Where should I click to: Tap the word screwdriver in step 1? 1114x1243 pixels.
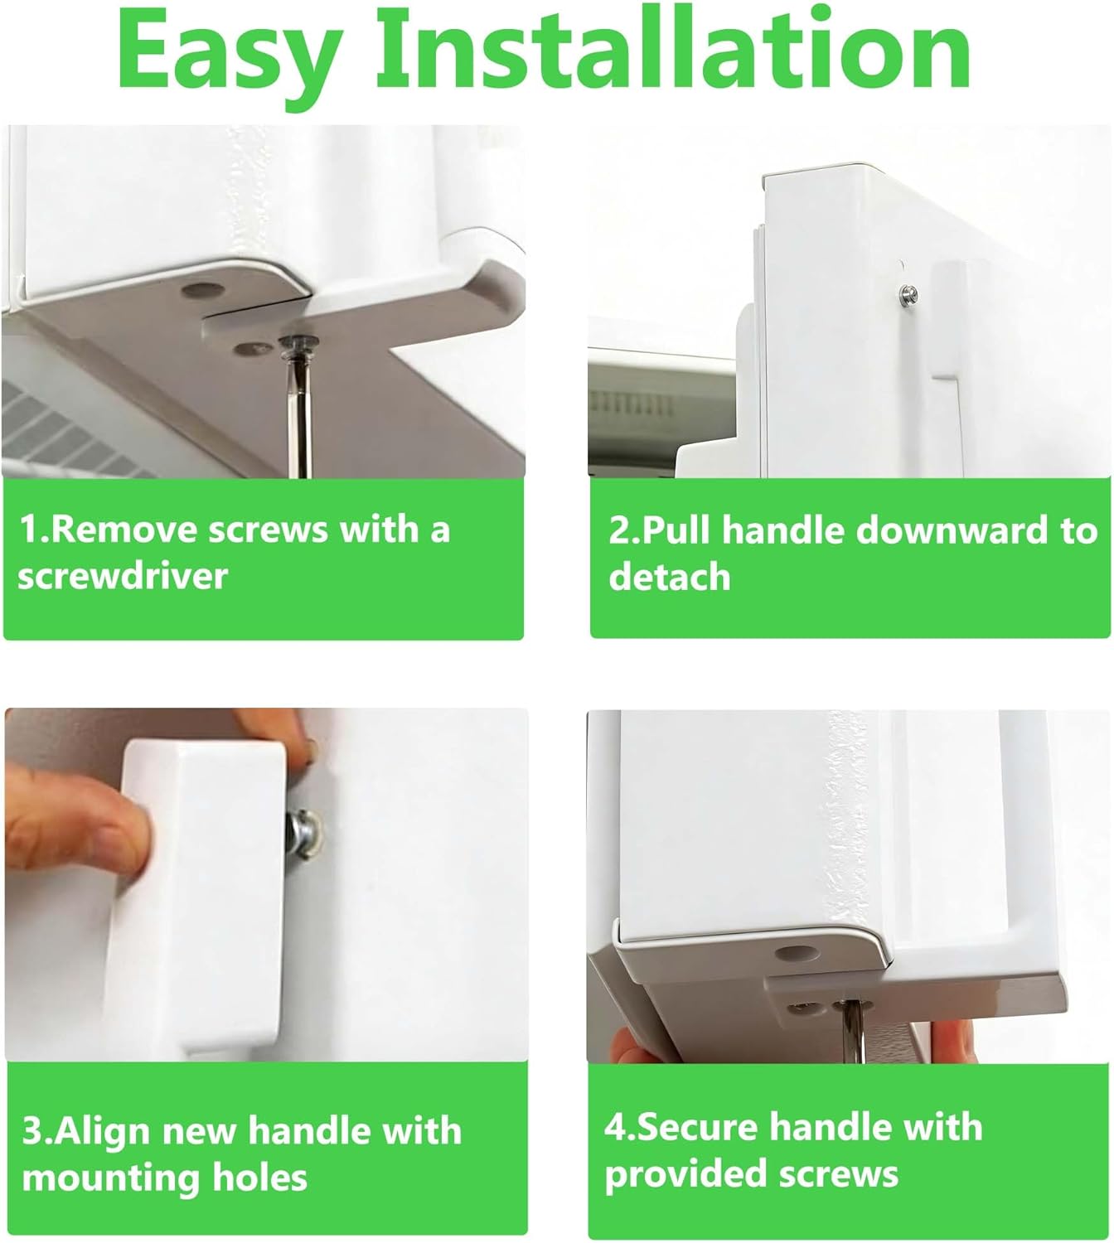click(x=122, y=576)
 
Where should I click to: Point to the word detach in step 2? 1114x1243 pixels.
click(x=669, y=577)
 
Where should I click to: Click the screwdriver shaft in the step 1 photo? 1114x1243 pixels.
click(x=299, y=414)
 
